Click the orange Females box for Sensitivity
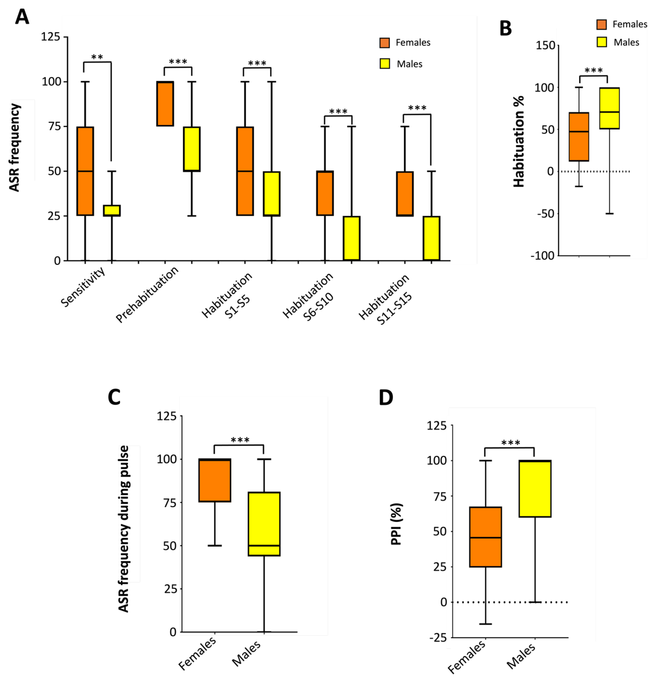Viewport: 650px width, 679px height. (x=85, y=171)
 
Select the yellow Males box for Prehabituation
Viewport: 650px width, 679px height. (x=192, y=149)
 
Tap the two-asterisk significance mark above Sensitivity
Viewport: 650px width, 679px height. (x=97, y=57)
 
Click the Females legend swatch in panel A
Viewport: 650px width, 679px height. (x=385, y=43)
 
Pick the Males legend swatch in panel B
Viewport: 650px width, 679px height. (x=602, y=42)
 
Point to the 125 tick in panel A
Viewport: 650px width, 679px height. (x=51, y=37)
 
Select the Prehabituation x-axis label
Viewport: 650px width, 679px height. (x=147, y=295)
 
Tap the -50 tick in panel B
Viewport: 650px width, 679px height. (x=546, y=214)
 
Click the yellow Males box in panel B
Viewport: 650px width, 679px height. (x=610, y=108)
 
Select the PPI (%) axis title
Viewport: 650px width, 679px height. (x=396, y=524)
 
